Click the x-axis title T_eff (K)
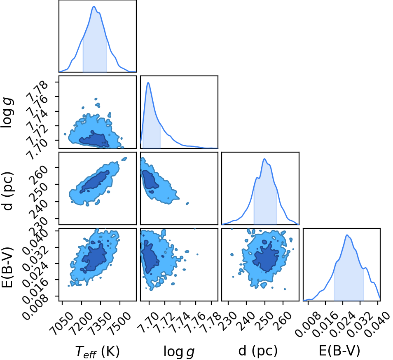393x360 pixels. [x=98, y=351]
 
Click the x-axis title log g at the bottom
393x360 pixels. [x=179, y=351]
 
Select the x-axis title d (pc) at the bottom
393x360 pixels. [x=258, y=351]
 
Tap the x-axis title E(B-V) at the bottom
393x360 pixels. [x=339, y=351]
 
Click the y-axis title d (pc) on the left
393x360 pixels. [x=7, y=191]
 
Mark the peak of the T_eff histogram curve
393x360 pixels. [x=94, y=6]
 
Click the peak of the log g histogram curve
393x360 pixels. [x=148, y=82]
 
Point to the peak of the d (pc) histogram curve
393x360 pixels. [x=264, y=158]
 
